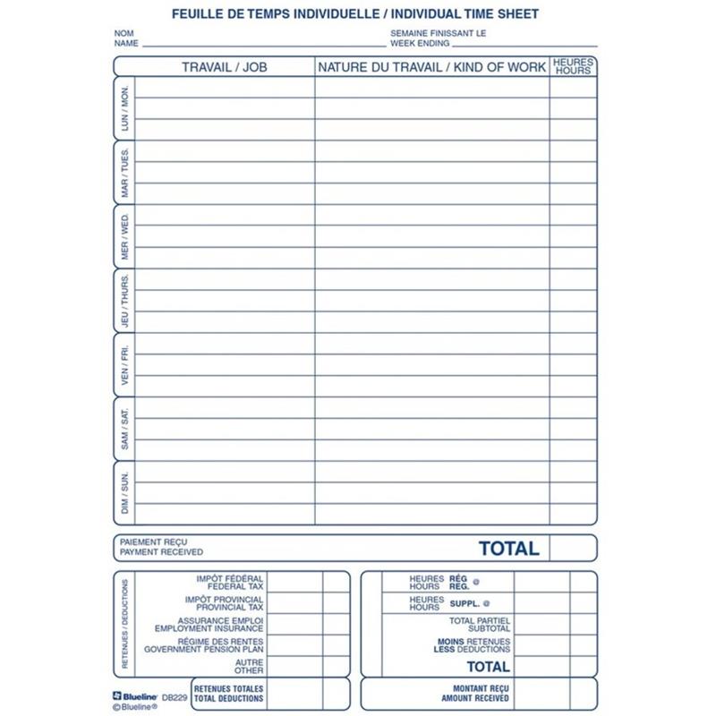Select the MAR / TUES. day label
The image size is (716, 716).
coord(124,173)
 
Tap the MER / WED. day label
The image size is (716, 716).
coord(124,237)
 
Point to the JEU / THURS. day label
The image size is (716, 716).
coord(124,302)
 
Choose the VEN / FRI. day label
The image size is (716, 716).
coord(124,366)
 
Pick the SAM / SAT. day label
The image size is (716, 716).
coord(124,429)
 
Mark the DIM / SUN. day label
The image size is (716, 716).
coord(124,493)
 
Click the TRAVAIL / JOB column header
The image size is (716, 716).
coord(225,67)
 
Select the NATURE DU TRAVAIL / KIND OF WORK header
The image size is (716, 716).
coord(431,67)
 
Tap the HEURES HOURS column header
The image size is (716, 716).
coord(573,66)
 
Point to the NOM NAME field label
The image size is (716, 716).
coord(125,38)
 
